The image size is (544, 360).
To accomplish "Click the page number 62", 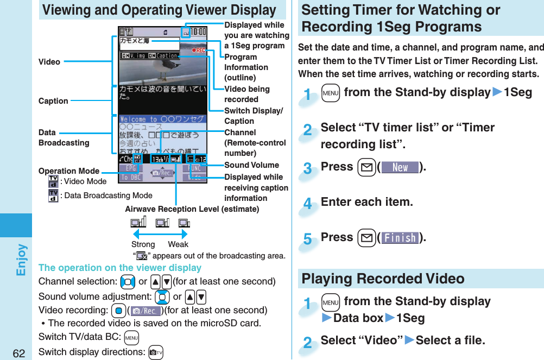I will tap(19, 353).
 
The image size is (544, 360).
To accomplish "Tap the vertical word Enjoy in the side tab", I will tap(21, 260).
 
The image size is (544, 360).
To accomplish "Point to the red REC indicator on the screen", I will tap(198, 50).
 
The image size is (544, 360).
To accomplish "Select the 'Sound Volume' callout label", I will tap(251, 165).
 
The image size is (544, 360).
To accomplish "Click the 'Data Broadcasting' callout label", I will tap(64, 137).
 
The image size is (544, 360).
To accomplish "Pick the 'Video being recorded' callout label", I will tap(247, 94).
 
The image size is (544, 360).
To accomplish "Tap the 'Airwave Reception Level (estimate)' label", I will tap(192, 209).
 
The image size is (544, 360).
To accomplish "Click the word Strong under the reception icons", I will tap(143, 244).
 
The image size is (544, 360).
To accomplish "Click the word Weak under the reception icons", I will tap(178, 244).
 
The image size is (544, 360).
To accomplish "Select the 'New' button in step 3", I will tap(400, 167).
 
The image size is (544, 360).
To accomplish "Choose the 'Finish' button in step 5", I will tap(400, 238).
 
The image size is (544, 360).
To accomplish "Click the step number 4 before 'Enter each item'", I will tap(308, 205).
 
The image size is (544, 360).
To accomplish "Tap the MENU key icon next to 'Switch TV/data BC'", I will tap(131, 337).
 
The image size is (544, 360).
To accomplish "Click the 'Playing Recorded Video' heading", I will tap(383, 279).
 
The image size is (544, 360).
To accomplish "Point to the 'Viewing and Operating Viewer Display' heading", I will tap(159, 10).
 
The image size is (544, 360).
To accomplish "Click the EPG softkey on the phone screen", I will tap(129, 168).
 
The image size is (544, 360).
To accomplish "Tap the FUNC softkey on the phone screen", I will tap(195, 168).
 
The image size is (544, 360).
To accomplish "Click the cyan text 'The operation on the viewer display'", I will tap(120, 268).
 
